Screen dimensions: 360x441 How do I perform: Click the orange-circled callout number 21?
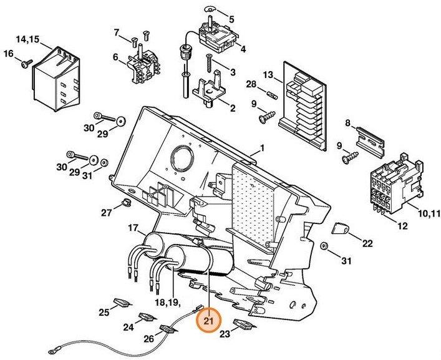point(208,321)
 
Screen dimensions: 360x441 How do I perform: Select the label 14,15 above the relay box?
point(27,39)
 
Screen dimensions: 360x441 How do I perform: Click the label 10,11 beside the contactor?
point(428,214)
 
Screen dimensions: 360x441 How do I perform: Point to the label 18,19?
point(165,303)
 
